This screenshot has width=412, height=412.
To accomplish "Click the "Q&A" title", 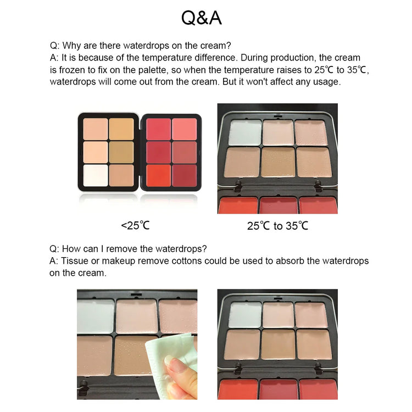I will point(202,18).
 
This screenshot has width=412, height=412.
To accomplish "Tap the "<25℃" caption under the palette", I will point(135,225).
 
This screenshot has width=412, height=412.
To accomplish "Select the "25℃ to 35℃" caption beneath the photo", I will point(277,225).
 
